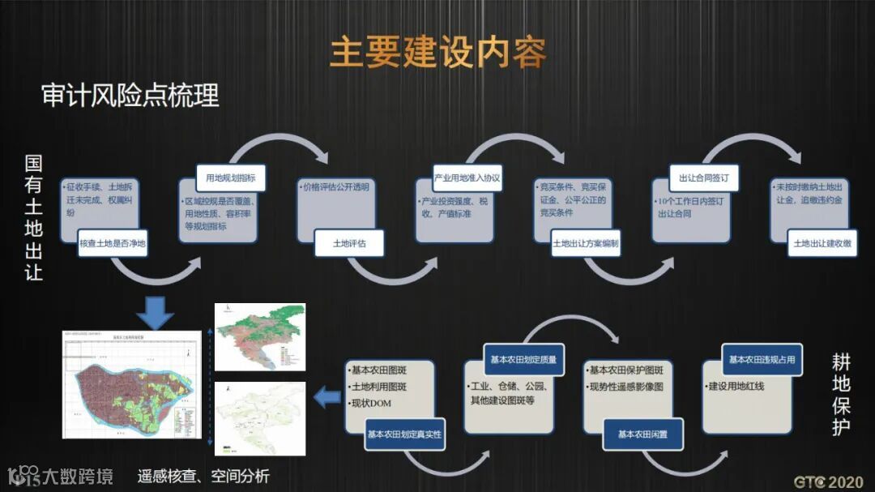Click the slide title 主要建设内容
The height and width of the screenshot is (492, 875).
[x=437, y=52]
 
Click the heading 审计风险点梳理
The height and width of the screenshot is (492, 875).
[x=130, y=96]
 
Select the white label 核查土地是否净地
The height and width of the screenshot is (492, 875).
[x=113, y=243]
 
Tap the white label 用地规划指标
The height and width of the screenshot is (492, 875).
[x=231, y=178]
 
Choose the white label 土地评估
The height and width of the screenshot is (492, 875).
[x=348, y=242]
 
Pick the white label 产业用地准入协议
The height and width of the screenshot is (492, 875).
[x=467, y=178]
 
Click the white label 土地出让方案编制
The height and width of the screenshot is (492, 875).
[x=586, y=242]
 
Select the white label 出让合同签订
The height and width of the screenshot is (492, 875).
[x=704, y=178]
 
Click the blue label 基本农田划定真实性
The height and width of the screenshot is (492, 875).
[x=404, y=435]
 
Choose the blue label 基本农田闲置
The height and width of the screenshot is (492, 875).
[x=642, y=434]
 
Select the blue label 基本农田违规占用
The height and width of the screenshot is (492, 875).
[x=762, y=359]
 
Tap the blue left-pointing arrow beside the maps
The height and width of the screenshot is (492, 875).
[x=327, y=396]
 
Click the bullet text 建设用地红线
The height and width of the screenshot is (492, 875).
[x=736, y=387]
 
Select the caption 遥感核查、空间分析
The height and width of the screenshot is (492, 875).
[x=203, y=476]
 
